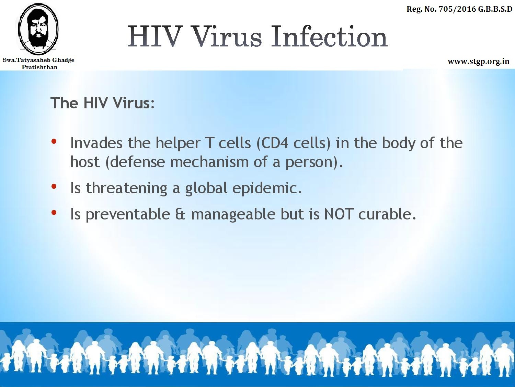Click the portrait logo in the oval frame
pyautogui.click(x=38, y=29)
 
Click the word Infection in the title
pyautogui.click(x=329, y=36)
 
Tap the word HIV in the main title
pyautogui.click(x=155, y=36)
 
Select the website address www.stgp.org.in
pyautogui.click(x=478, y=62)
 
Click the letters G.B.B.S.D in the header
pyautogui.click(x=495, y=9)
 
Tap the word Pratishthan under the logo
pyautogui.click(x=39, y=67)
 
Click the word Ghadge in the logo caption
pyautogui.click(x=64, y=60)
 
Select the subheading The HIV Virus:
pyautogui.click(x=103, y=103)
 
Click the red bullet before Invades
pyautogui.click(x=54, y=141)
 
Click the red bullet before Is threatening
pyautogui.click(x=54, y=186)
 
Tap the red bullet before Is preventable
pyautogui.click(x=54, y=213)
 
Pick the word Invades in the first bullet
pyautogui.click(x=96, y=143)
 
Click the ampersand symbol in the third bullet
pyautogui.click(x=180, y=214)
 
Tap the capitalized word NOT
pyautogui.click(x=338, y=214)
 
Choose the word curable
pyautogui.click(x=387, y=214)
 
